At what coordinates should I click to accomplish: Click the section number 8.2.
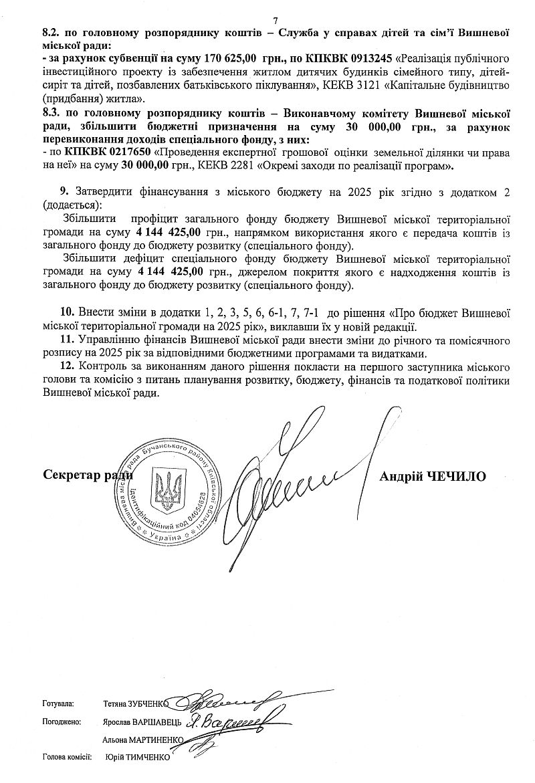[x=52, y=31]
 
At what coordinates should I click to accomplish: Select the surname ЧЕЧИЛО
[x=457, y=476]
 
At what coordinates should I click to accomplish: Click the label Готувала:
[x=58, y=704]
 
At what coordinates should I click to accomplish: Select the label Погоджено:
[x=62, y=722]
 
